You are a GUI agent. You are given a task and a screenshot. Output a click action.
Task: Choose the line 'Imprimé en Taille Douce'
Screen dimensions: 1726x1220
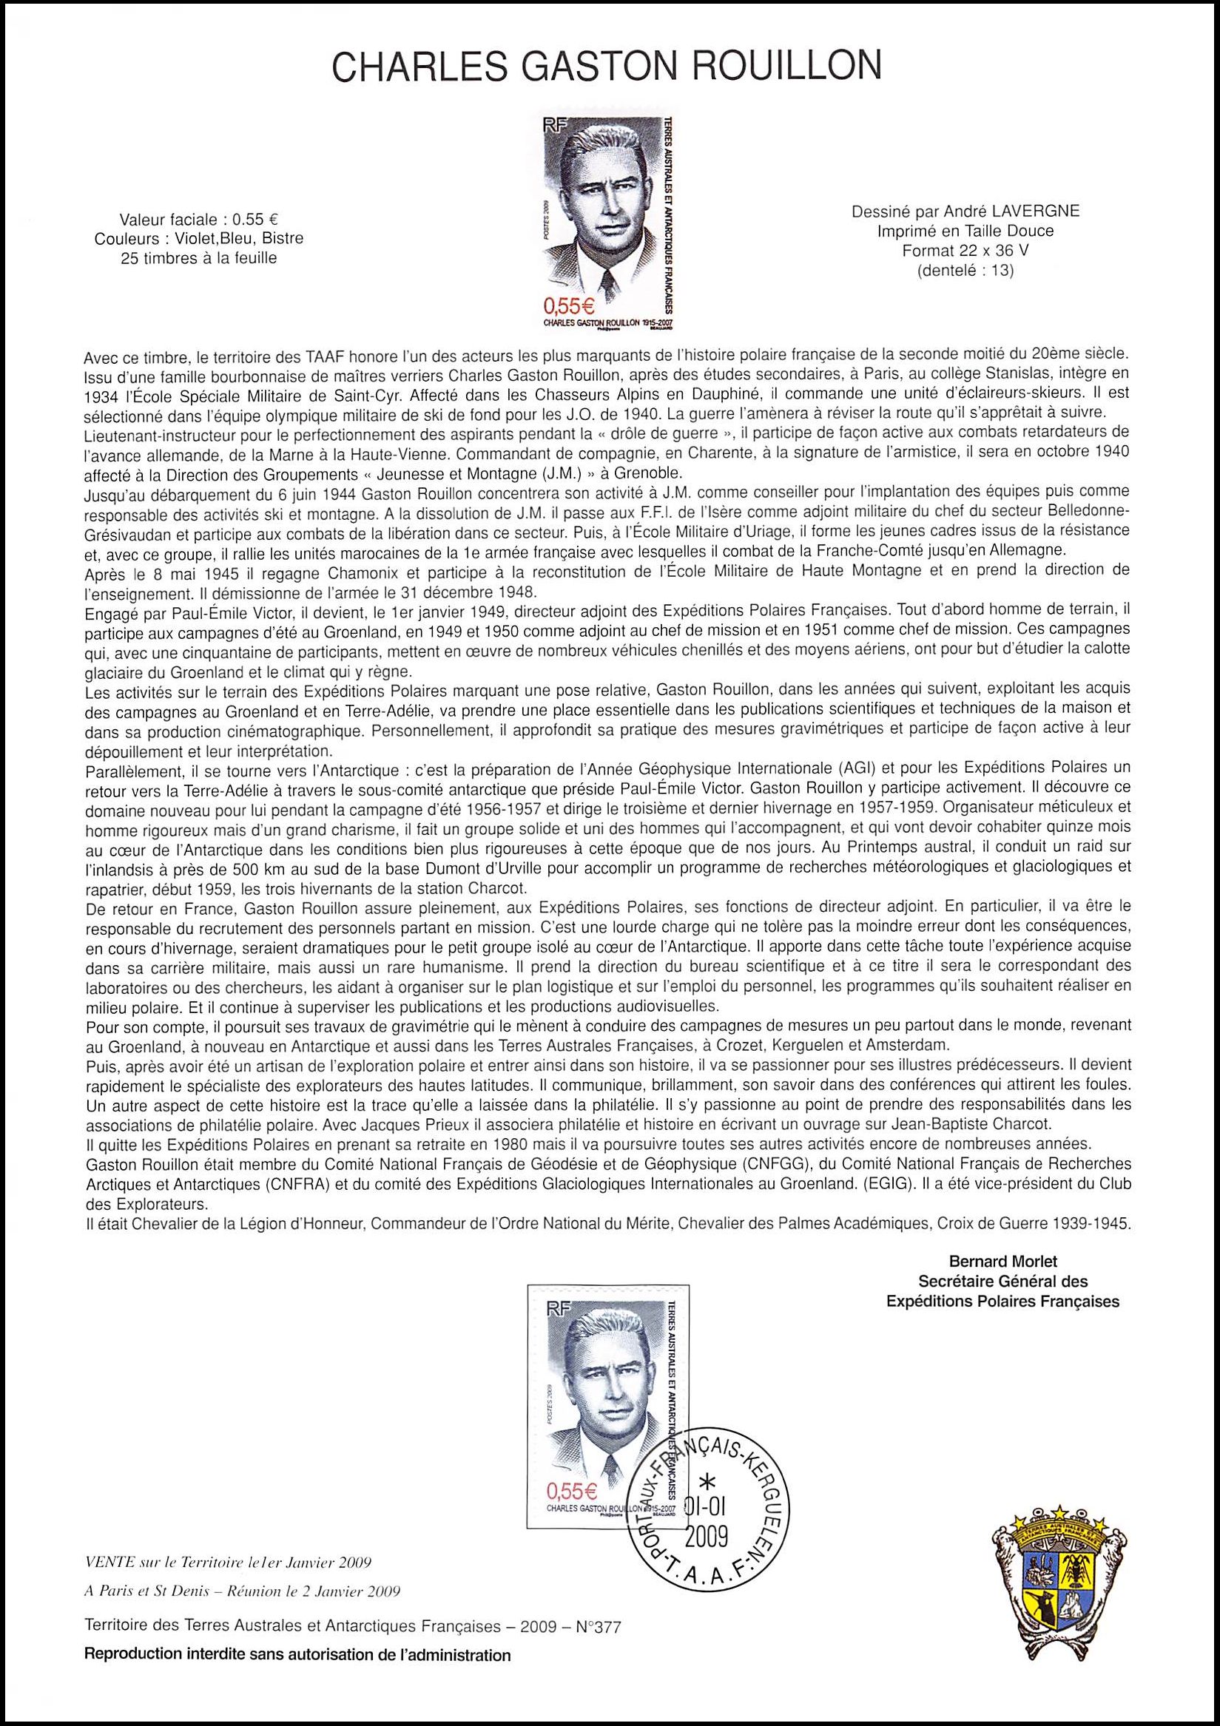(965, 231)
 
